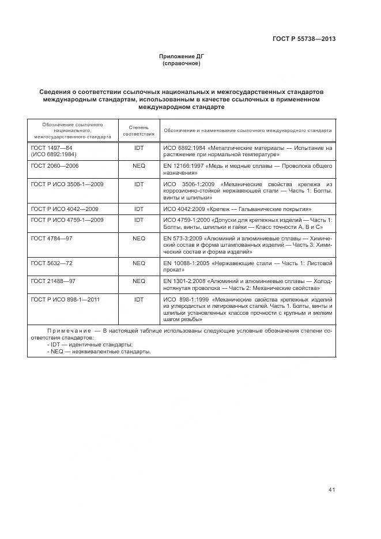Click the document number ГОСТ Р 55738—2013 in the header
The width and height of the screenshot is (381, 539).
[x=304, y=39]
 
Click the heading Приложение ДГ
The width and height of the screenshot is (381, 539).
[x=182, y=56]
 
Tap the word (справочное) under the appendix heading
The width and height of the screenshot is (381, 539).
[x=182, y=63]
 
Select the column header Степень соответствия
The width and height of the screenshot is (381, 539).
[x=138, y=130]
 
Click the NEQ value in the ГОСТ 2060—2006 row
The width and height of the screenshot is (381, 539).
[x=138, y=165]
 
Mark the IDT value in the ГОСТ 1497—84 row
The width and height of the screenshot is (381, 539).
[x=138, y=148]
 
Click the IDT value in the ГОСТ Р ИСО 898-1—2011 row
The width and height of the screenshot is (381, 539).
[x=138, y=300]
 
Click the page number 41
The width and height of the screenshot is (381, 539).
[x=331, y=489]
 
